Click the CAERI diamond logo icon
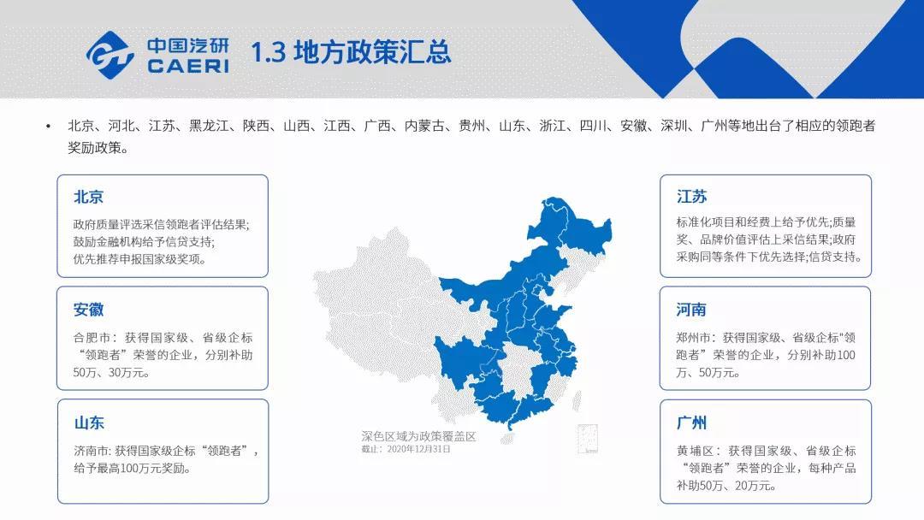[110, 55]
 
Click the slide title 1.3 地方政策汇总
[352, 52]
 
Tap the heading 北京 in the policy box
[88, 197]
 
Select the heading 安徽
[88, 310]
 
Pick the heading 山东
[89, 422]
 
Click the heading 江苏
[692, 197]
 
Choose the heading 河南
[691, 310]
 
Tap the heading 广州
[692, 422]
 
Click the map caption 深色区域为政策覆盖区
[418, 436]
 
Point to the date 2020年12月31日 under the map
[419, 449]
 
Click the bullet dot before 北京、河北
[48, 126]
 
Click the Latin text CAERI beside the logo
[188, 66]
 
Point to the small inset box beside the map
[588, 440]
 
